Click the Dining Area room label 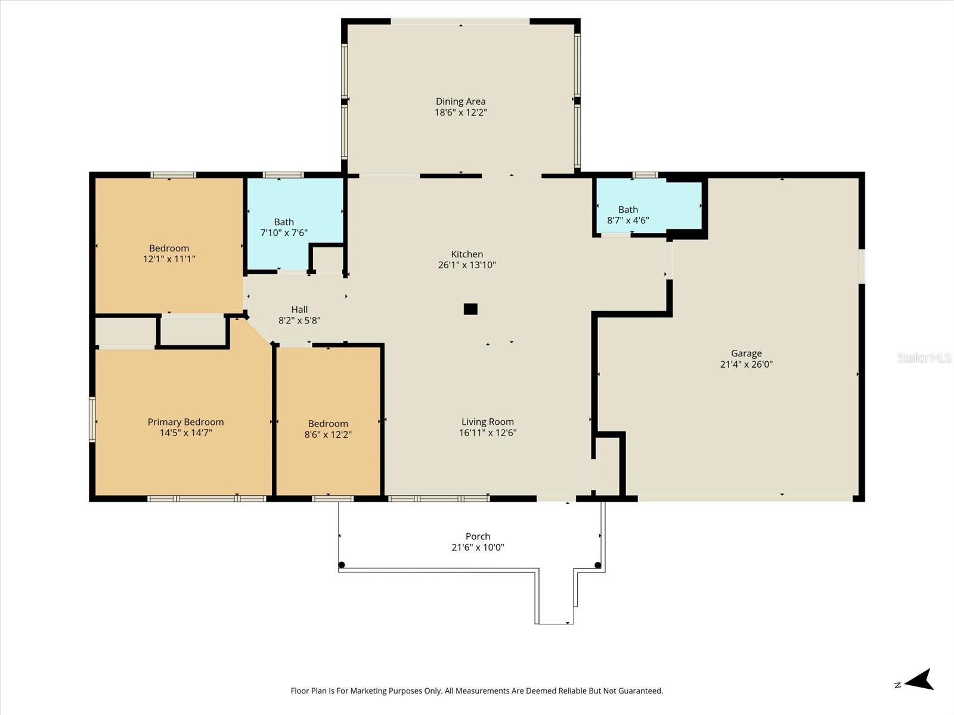[460, 101]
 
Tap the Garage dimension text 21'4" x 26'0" [746, 364]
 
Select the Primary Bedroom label [185, 422]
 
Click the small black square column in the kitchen [470, 309]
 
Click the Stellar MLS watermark [924, 357]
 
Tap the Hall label [299, 309]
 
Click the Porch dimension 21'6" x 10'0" [478, 547]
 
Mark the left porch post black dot [342, 565]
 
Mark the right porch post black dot [597, 565]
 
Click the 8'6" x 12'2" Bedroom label [328, 429]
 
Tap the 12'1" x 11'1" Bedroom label [169, 253]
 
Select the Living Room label [487, 422]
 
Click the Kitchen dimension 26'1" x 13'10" [467, 265]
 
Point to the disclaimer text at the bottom [476, 691]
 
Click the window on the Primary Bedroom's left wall [92, 419]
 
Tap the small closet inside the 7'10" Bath [327, 258]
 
